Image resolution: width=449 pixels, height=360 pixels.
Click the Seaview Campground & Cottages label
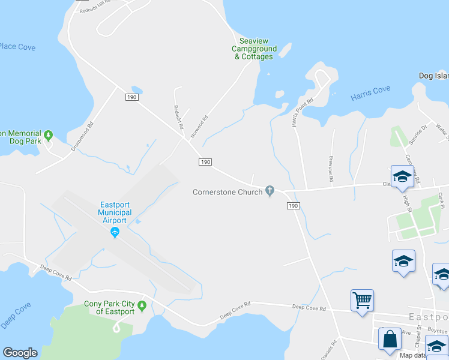[x=255, y=49]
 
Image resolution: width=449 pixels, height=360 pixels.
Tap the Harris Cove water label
[x=370, y=93]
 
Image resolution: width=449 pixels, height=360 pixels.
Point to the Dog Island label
[x=434, y=76]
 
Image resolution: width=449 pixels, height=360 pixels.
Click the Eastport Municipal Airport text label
[x=115, y=212]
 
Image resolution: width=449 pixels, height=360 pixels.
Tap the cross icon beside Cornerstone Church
[x=270, y=192]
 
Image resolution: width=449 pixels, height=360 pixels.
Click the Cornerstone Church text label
[x=228, y=193]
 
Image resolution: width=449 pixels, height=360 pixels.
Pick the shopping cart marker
[x=362, y=299]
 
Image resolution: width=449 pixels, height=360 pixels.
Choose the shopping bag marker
[x=390, y=338]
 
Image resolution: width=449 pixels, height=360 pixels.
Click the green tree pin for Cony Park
[x=142, y=307]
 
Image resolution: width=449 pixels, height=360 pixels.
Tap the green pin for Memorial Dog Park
[x=49, y=134]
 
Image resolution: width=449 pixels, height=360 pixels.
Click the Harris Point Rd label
[x=303, y=112]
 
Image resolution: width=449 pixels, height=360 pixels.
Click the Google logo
[x=20, y=353]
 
